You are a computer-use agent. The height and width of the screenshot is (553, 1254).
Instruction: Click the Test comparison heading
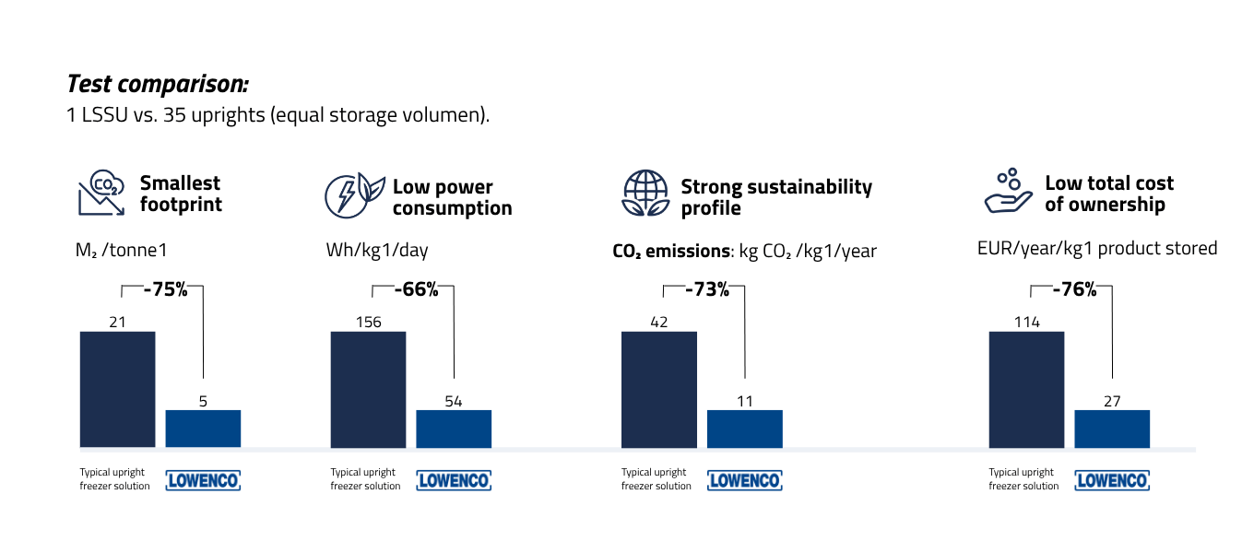(158, 84)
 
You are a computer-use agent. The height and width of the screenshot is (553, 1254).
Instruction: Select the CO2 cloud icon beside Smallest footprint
(101, 193)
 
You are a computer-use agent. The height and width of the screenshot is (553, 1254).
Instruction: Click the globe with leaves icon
(645, 194)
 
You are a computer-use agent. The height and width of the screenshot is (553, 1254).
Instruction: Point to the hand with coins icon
(1008, 192)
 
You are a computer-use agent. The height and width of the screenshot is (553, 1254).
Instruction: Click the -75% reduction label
(165, 290)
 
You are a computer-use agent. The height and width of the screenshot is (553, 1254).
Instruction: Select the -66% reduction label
(416, 290)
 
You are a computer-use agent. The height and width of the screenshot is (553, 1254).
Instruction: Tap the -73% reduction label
(706, 290)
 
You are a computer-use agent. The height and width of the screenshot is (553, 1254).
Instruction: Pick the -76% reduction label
(1074, 290)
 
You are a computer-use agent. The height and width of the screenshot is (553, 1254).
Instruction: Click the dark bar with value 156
(368, 389)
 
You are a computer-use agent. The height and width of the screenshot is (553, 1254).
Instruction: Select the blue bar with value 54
(454, 429)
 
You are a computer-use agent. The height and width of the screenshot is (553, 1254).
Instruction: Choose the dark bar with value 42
(658, 389)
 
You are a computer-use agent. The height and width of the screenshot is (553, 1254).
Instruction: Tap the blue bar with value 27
(1112, 429)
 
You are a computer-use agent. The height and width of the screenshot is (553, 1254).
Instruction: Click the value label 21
(117, 322)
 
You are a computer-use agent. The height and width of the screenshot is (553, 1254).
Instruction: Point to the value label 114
(1026, 322)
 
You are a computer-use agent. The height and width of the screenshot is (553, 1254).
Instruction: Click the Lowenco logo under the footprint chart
(203, 480)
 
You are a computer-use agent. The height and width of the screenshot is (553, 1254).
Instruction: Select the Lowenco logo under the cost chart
(1112, 480)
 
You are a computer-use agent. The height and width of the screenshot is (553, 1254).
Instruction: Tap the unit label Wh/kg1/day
(376, 250)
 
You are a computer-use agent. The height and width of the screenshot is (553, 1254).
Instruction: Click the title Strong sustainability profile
(775, 197)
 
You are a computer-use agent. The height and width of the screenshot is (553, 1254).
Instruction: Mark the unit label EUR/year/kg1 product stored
(1097, 249)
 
